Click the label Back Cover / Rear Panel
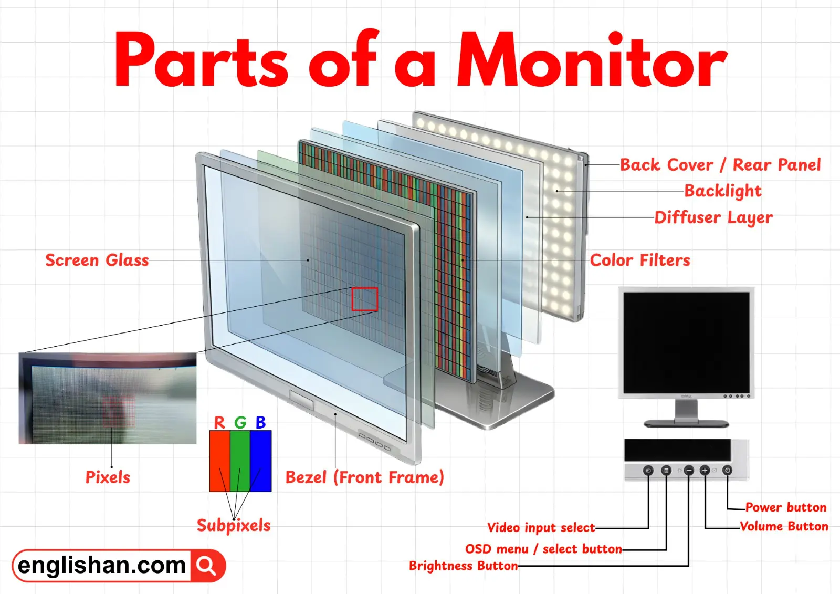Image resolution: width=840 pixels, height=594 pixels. tap(720, 165)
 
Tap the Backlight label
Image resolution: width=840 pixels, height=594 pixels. tap(722, 191)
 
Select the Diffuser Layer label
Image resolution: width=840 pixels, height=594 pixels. tap(713, 217)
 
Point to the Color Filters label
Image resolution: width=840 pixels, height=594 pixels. tap(639, 260)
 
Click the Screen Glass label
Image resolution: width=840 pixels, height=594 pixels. tap(97, 260)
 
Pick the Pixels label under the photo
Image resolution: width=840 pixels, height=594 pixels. tap(108, 477)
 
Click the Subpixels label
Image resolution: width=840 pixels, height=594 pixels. tap(234, 525)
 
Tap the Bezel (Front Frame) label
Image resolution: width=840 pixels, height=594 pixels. tap(364, 477)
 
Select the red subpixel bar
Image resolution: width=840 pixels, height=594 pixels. tap(219, 461)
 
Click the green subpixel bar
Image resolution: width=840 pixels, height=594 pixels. tap(240, 461)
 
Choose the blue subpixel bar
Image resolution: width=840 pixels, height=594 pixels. tap(261, 461)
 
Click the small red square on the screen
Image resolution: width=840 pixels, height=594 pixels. tap(364, 299)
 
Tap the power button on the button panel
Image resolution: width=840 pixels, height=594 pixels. tap(727, 471)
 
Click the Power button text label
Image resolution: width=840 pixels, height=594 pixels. tap(785, 507)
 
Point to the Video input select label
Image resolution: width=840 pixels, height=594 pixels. tap(541, 528)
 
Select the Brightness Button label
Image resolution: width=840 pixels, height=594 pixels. tap(463, 566)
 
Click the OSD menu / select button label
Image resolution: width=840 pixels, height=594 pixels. tap(543, 549)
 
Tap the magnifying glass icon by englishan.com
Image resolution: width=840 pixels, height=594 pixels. tap(207, 566)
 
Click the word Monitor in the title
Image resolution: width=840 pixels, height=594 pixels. tap(592, 60)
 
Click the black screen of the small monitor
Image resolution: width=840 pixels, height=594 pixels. tap(686, 341)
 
